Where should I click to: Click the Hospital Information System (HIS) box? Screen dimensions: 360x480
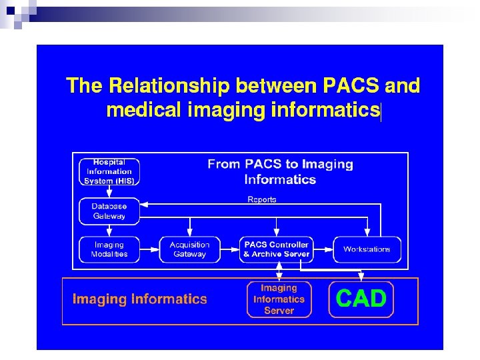[109, 171]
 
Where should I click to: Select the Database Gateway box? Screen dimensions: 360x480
[109, 211]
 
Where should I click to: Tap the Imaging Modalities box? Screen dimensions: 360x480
[109, 249]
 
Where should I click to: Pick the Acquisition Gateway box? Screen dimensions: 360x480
[189, 249]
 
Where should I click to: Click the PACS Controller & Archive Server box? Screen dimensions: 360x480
[276, 249]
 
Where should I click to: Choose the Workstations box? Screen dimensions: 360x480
[367, 249]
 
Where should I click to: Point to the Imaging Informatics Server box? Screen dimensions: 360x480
[279, 299]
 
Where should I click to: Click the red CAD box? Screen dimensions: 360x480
[361, 299]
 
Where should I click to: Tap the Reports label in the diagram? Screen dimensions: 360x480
[262, 199]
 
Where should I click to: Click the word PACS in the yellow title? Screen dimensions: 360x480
[351, 86]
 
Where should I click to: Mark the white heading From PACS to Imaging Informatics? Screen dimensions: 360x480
[280, 171]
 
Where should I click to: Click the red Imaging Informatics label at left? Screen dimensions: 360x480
[140, 299]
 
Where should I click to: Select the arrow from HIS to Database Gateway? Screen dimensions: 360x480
[109, 191]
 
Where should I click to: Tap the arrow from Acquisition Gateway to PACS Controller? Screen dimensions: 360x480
[229, 249]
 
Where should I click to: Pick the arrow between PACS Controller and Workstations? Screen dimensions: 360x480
[323, 249]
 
